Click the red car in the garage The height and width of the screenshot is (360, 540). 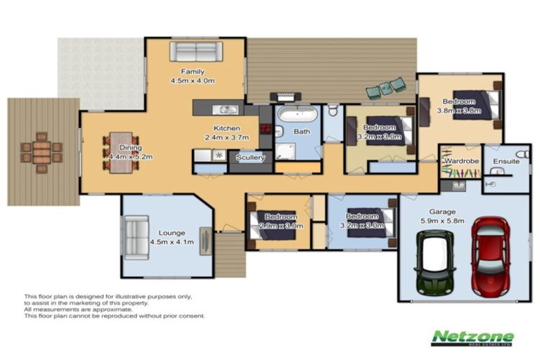pyautogui.click(x=490, y=255)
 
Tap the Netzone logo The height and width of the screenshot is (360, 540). pyautogui.click(x=472, y=337)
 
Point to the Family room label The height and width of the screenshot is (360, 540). pyautogui.click(x=193, y=72)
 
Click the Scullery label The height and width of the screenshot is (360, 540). pyautogui.click(x=251, y=158)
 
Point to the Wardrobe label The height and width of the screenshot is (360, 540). pyautogui.click(x=460, y=161)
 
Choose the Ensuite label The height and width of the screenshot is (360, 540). pyautogui.click(x=506, y=161)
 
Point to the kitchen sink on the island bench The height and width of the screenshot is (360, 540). pyautogui.click(x=227, y=109)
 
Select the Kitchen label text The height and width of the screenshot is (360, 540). pyautogui.click(x=227, y=129)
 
